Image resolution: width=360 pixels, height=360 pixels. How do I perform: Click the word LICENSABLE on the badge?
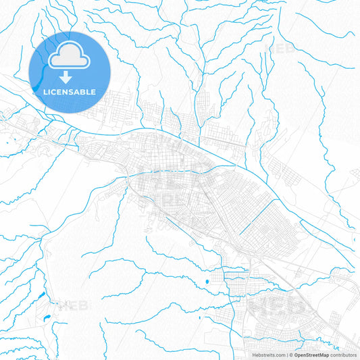(x=70, y=92)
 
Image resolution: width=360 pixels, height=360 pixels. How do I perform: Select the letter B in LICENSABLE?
(x=82, y=92)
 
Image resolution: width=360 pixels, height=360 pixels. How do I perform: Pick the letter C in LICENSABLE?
(x=56, y=92)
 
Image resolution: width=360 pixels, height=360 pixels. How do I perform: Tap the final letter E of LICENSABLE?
(x=93, y=92)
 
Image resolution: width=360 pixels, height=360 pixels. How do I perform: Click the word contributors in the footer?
(x=344, y=355)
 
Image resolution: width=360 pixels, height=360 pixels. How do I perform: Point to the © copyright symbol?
(x=291, y=355)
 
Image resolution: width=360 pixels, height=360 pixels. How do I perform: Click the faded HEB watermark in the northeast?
(x=282, y=49)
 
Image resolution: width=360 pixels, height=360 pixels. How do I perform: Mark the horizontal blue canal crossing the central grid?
(x=176, y=171)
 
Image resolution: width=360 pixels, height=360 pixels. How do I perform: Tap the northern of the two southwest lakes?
(x=42, y=296)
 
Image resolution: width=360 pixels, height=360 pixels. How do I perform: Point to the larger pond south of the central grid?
(x=205, y=281)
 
